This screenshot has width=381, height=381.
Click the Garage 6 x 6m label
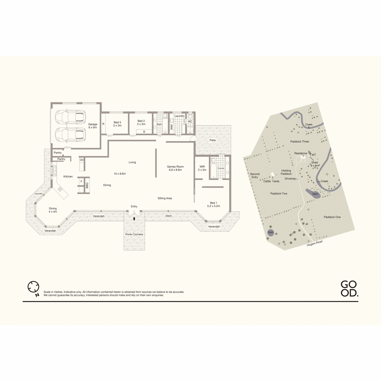tap(92, 126)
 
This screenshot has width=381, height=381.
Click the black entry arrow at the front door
tap(134, 218)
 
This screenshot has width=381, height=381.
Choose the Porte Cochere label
tap(134, 234)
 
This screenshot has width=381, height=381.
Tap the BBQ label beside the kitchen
tap(87, 185)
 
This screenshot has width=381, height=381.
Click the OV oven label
tap(82, 160)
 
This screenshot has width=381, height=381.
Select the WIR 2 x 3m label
tap(202, 168)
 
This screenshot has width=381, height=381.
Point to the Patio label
tap(213, 140)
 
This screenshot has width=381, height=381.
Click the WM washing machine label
tap(171, 127)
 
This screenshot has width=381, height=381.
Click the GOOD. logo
tap(349, 289)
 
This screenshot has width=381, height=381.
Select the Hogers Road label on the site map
tap(315, 243)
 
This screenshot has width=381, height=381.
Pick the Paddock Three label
tap(299, 141)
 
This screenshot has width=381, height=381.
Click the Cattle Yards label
tap(271, 181)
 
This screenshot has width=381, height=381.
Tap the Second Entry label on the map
tap(255, 176)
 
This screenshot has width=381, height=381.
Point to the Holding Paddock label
tap(286, 172)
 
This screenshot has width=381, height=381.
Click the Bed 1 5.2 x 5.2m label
tap(214, 204)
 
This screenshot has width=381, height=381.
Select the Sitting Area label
tap(165, 198)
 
